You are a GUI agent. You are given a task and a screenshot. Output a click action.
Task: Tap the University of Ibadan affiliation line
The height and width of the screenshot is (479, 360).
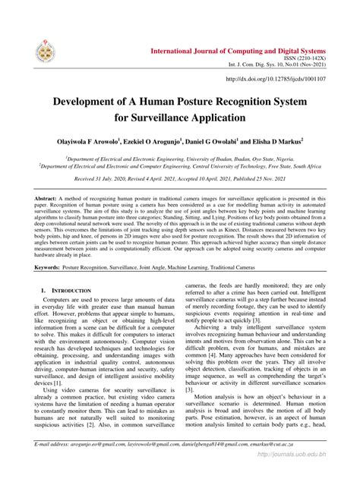click(x=179, y=160)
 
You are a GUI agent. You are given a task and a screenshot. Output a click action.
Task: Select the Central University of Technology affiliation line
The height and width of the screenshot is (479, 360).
click(x=179, y=169)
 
